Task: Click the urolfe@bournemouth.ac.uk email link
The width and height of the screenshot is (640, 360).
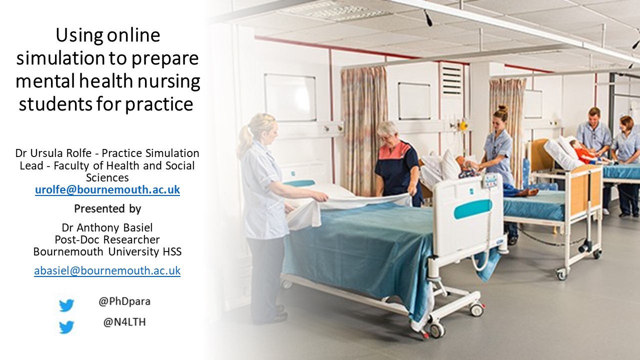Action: point(107,190)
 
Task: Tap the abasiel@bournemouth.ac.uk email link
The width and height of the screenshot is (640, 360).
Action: point(107,270)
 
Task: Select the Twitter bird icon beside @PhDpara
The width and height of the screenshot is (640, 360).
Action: point(66,305)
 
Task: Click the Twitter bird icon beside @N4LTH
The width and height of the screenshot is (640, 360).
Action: point(66,327)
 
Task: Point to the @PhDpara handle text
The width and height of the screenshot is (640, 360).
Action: point(124,302)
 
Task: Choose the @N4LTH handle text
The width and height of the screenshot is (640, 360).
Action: point(124,322)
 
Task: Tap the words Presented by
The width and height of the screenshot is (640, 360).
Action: point(107,208)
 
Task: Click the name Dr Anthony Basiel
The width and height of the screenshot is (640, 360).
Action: point(107,228)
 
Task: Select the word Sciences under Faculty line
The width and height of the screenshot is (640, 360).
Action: point(107,177)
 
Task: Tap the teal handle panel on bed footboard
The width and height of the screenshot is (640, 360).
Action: point(472,209)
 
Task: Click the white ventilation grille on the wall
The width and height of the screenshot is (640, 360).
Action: point(452,79)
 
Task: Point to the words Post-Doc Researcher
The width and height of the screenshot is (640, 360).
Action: point(107,240)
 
